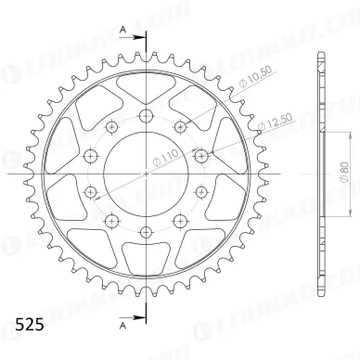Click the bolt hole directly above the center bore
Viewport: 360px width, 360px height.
[147, 115]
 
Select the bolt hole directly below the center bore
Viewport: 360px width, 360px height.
[147, 232]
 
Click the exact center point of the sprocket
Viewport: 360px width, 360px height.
[147, 174]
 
